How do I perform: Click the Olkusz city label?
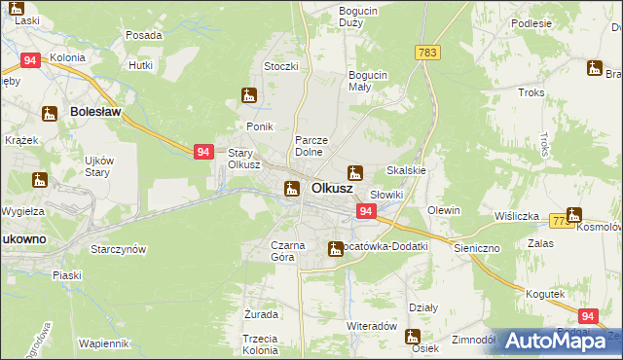(x=331, y=188)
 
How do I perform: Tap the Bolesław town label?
(x=95, y=112)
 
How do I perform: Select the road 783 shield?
(x=425, y=52)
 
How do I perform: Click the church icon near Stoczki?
(x=249, y=95)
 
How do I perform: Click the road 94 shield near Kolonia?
(x=31, y=60)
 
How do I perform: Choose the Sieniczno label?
(x=476, y=248)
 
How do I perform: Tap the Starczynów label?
(x=118, y=249)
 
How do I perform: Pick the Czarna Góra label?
(x=288, y=252)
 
